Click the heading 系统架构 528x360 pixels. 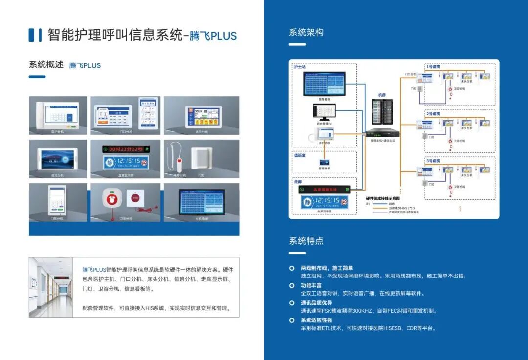click(306, 33)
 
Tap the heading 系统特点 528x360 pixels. click(306, 241)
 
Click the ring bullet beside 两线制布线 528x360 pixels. click(292, 268)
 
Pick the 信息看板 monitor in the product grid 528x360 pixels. click(201, 202)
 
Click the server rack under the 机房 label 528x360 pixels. click(382, 112)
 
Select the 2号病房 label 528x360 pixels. click(433, 114)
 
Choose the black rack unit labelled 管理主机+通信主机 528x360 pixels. click(383, 133)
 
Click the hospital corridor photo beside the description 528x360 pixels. click(51, 287)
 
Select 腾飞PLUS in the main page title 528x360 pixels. click(213, 36)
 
